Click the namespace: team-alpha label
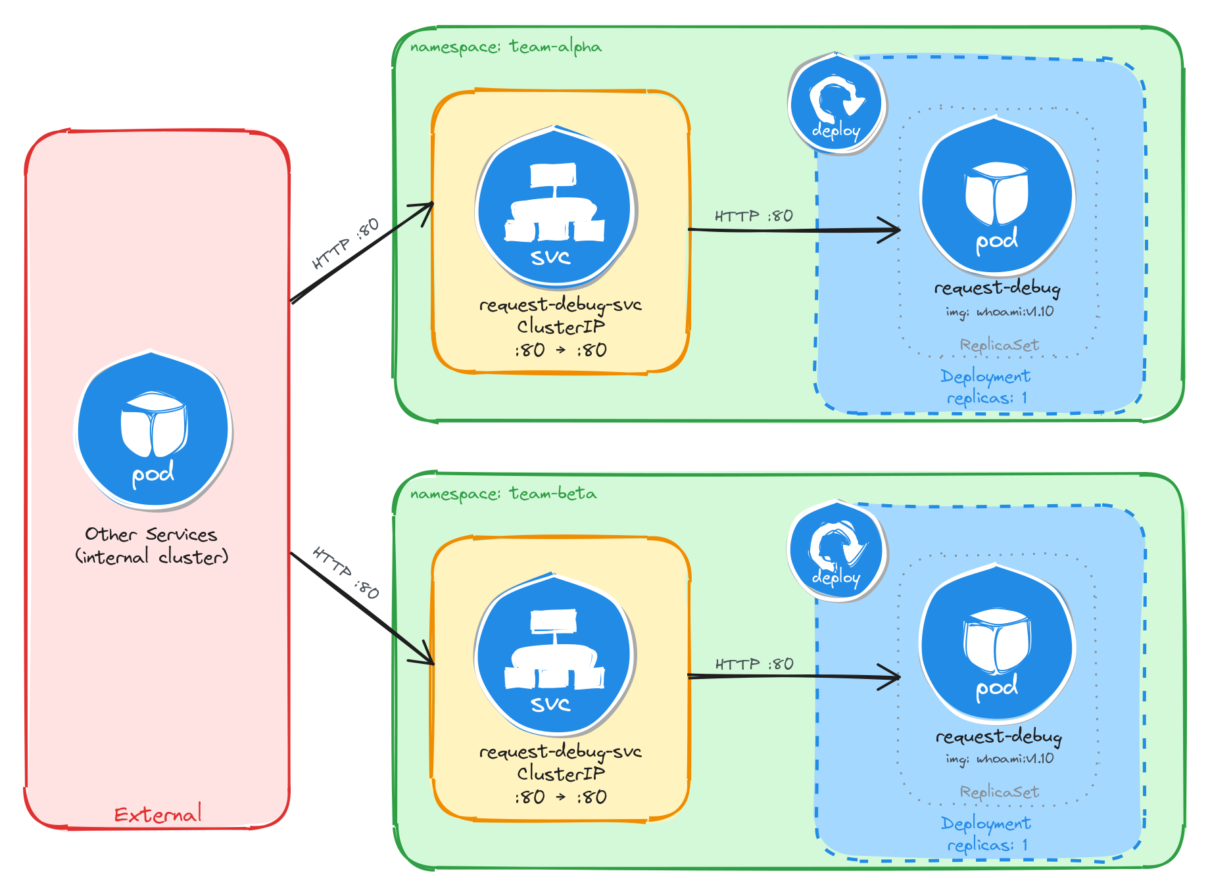tap(505, 47)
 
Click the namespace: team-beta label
tap(503, 494)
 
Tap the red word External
tap(158, 814)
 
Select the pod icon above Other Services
tap(153, 431)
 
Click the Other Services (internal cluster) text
tap(151, 546)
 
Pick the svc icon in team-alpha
tap(556, 208)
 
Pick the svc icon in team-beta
tap(554, 655)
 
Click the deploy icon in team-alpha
tap(836, 104)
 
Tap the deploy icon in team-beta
tap(836, 551)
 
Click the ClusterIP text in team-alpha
tap(560, 327)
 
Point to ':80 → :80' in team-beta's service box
tap(560, 797)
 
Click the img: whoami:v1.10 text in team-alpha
tap(1000, 312)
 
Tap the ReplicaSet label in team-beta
tap(999, 791)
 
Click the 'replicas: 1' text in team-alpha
tap(986, 398)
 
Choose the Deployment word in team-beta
tap(985, 823)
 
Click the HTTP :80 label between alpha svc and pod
tap(754, 216)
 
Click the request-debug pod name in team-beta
tap(998, 736)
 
